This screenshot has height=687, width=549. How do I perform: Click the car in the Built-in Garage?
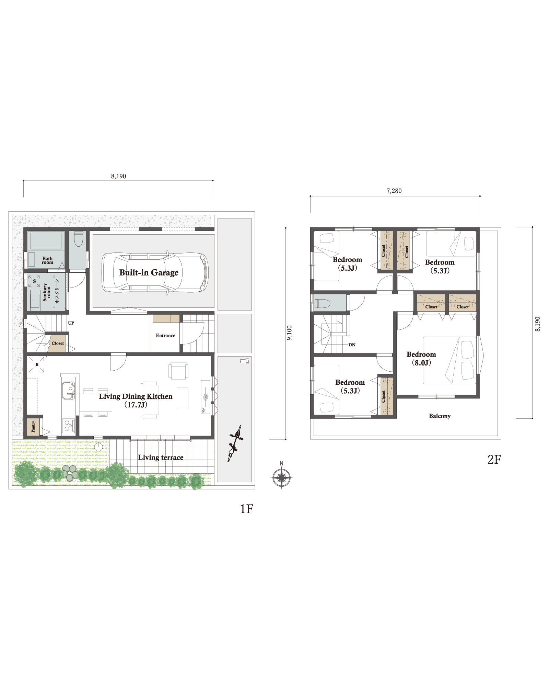tap(155, 272)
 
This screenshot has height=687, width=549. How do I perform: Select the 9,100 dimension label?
tap(290, 333)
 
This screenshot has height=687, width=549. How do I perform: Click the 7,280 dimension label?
tap(394, 191)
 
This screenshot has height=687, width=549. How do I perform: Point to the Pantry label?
tap(33, 426)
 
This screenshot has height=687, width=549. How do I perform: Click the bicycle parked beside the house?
tap(235, 443)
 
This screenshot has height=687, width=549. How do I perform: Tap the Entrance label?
tap(165, 336)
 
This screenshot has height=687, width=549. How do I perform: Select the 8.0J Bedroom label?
tap(421, 359)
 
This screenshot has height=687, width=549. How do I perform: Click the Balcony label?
tap(440, 416)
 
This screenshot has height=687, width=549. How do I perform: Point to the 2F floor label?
tap(494, 460)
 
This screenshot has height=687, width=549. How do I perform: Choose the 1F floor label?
tap(246, 509)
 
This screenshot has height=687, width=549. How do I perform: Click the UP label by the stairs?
tap(71, 323)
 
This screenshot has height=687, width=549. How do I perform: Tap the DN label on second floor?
tap(352, 345)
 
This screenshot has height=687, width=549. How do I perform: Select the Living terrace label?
tap(161, 458)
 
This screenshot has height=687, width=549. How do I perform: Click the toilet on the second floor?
tap(323, 303)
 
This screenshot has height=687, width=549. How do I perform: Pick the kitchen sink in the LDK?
tap(69, 391)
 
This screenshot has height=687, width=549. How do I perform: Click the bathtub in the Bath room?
tap(46, 241)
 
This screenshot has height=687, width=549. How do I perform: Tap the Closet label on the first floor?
tap(58, 343)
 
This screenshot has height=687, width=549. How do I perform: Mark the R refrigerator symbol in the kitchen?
tap(36, 364)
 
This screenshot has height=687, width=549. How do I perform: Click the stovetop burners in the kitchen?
tap(69, 426)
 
